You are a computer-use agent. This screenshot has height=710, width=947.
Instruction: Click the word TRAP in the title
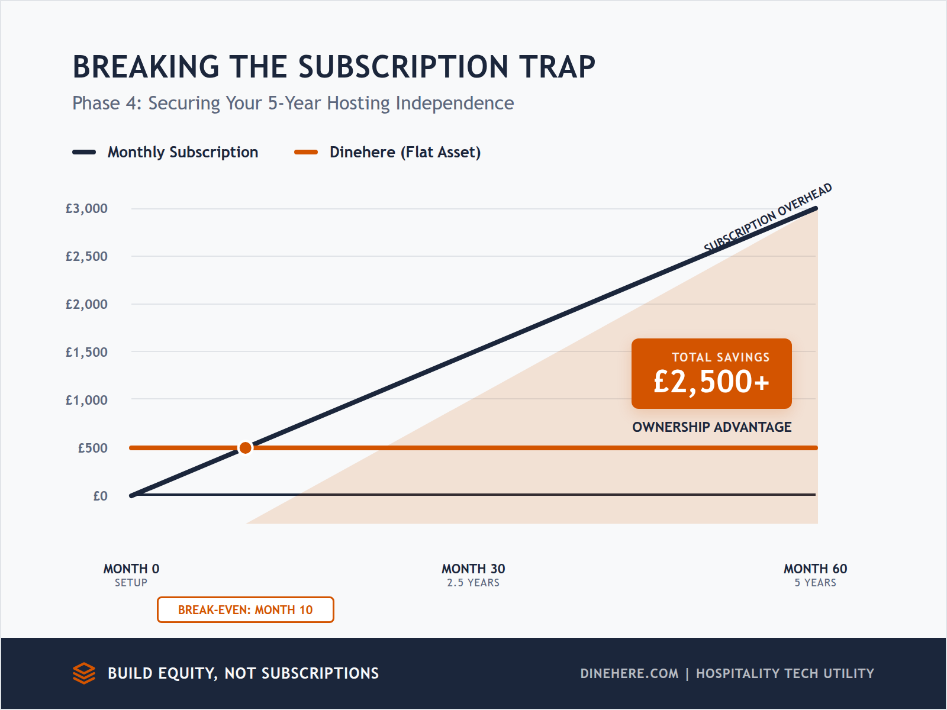[x=557, y=67]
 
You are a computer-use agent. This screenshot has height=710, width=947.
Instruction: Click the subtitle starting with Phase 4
[x=293, y=104]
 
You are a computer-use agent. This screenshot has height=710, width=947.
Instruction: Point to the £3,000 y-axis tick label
[x=86, y=209]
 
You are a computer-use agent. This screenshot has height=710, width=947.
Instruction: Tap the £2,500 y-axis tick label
[x=86, y=257]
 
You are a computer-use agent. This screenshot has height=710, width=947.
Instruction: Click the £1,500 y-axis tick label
[x=86, y=353]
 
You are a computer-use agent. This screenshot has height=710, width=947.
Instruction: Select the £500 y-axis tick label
[x=92, y=448]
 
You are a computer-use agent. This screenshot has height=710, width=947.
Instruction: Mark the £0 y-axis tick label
[x=100, y=496]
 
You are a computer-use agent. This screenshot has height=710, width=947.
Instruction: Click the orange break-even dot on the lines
[x=245, y=448]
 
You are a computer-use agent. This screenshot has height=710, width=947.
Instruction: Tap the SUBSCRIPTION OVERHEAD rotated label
[x=768, y=218]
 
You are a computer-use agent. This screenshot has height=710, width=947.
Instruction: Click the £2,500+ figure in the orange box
[x=711, y=382]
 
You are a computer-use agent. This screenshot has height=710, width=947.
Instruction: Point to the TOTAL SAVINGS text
[x=720, y=357]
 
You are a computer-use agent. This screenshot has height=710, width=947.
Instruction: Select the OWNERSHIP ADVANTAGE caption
[x=711, y=427]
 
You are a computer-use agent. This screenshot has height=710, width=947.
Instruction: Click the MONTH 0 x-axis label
[x=131, y=569]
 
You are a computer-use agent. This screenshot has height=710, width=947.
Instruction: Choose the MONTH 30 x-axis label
[x=473, y=569]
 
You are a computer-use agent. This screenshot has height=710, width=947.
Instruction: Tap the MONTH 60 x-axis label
[x=815, y=569]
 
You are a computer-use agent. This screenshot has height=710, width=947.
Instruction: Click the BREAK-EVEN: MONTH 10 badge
[x=245, y=610]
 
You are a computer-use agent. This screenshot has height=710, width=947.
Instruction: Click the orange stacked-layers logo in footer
[x=84, y=673]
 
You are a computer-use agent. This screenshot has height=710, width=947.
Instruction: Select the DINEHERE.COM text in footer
[x=629, y=674]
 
